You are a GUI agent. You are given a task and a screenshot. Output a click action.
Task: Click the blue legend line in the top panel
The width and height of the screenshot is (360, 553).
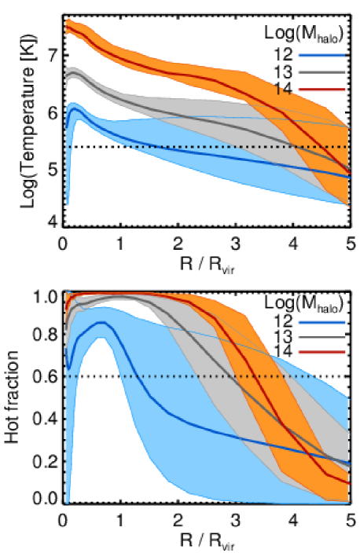point(321,56)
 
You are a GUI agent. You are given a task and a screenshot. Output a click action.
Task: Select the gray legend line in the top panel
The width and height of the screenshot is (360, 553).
point(321,72)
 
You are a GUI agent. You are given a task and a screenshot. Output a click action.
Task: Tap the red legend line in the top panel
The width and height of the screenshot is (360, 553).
point(321,90)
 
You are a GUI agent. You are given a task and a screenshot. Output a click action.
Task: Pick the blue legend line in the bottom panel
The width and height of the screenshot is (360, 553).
point(321,322)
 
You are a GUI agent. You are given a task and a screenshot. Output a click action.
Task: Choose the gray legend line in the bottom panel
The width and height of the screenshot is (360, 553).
point(321,337)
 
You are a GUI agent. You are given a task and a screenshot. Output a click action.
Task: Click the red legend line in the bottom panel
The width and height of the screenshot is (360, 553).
point(321,352)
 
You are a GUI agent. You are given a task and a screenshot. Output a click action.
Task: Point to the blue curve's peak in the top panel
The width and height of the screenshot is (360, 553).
point(75,110)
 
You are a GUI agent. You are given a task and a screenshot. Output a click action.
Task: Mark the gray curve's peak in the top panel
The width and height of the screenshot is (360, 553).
point(74,73)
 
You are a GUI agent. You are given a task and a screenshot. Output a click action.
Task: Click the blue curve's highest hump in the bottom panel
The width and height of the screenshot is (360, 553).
point(101,322)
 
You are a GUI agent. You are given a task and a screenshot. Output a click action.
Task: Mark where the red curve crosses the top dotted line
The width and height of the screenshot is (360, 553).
point(320,147)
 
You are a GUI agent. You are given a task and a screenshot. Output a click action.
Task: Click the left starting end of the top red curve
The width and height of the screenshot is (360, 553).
point(67,27)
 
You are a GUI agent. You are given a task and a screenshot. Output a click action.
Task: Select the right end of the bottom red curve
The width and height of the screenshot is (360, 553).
point(348,482)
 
